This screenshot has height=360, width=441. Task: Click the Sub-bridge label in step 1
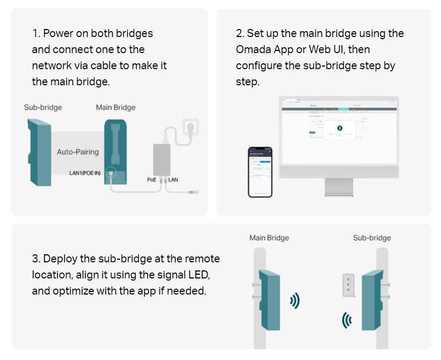43,107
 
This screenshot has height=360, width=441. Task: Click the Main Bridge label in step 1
115,107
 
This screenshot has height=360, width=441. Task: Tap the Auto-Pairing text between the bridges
78,152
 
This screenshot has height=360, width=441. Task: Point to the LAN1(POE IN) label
85,173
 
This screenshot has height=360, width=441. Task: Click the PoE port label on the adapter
152,180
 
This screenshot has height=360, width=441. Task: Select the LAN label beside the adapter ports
173,180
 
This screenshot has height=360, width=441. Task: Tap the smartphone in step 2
260,172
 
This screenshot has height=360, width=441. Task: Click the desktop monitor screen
339,131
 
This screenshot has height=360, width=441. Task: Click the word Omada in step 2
251,49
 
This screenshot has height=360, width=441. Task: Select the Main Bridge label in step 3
269,238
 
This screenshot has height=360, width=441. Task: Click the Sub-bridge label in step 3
372,238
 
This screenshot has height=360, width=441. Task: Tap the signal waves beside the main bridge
295,300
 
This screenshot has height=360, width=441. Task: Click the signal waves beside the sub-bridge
347,321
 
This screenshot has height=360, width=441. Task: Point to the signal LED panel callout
349,284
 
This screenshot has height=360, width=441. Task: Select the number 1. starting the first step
36,33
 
